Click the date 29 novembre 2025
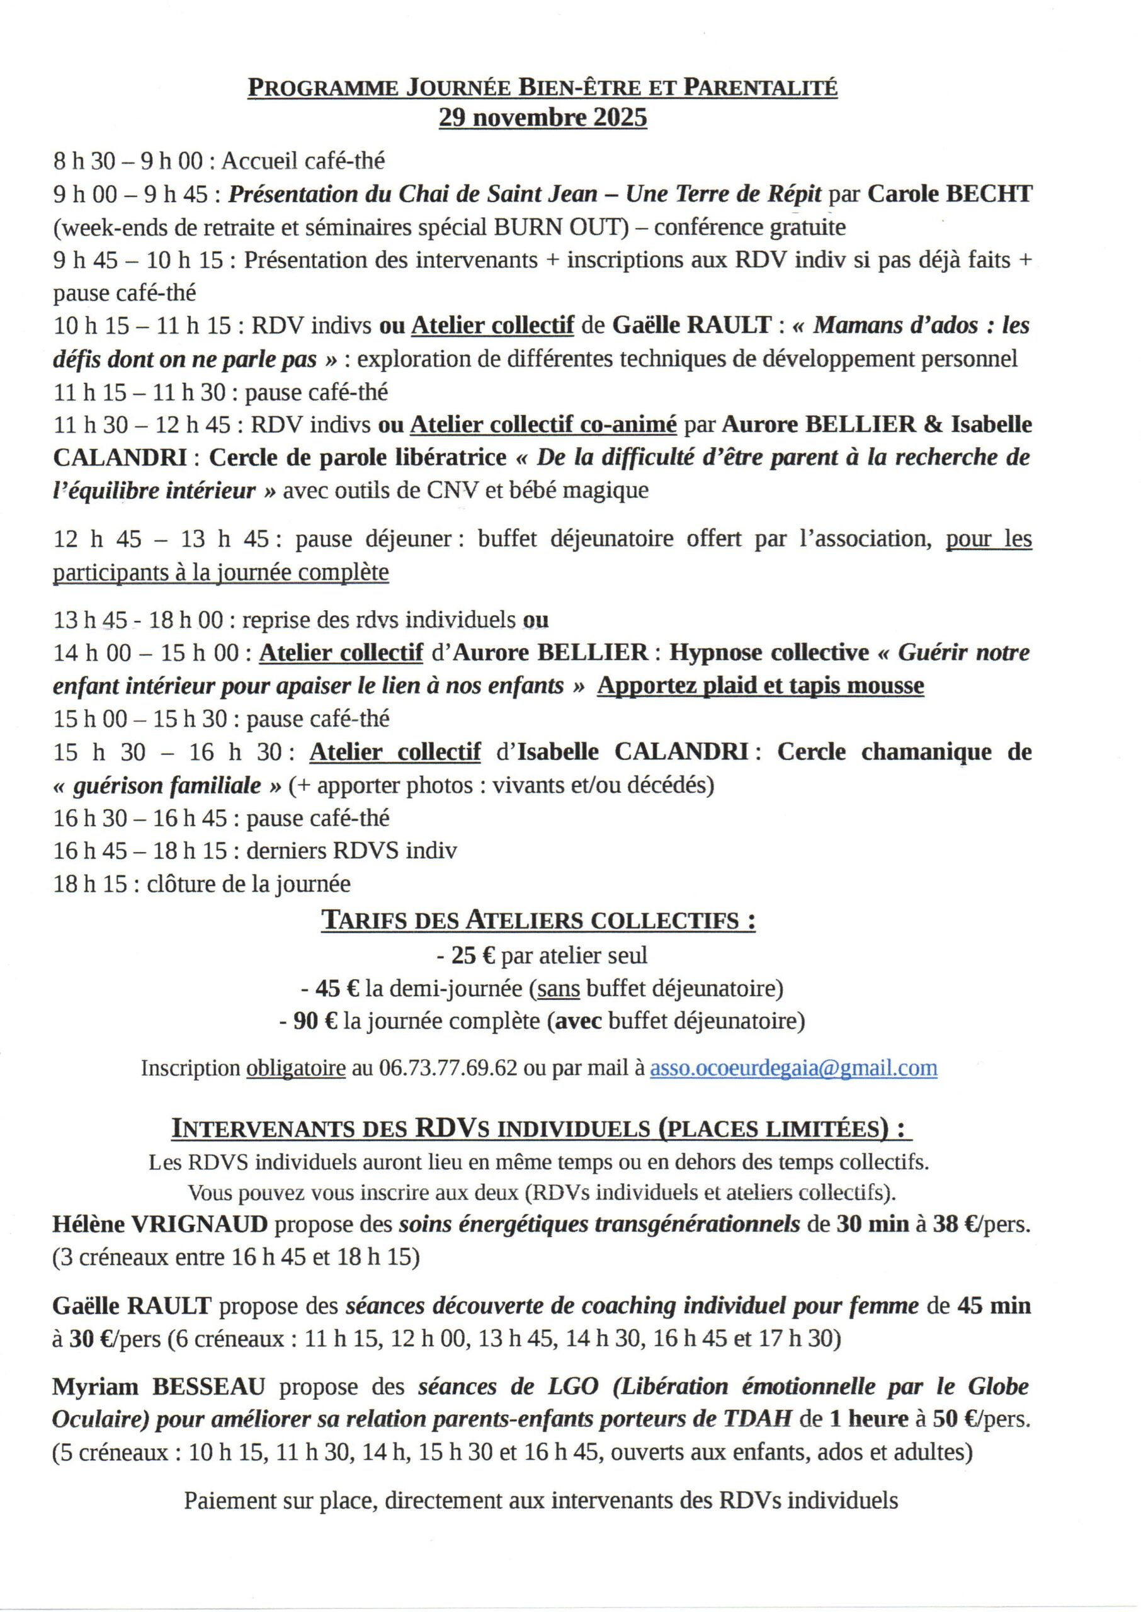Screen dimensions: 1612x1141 (x=542, y=117)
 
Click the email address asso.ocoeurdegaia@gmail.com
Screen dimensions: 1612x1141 (x=793, y=1069)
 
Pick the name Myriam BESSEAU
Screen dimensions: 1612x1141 (x=159, y=1387)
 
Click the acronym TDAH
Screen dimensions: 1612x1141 (x=758, y=1419)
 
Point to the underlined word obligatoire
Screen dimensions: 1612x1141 (x=295, y=1069)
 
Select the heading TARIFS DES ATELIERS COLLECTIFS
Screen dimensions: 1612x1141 (x=538, y=920)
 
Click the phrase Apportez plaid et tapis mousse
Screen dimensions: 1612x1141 (x=760, y=686)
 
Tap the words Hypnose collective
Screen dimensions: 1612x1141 (x=769, y=652)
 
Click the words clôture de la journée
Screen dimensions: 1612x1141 (x=249, y=883)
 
